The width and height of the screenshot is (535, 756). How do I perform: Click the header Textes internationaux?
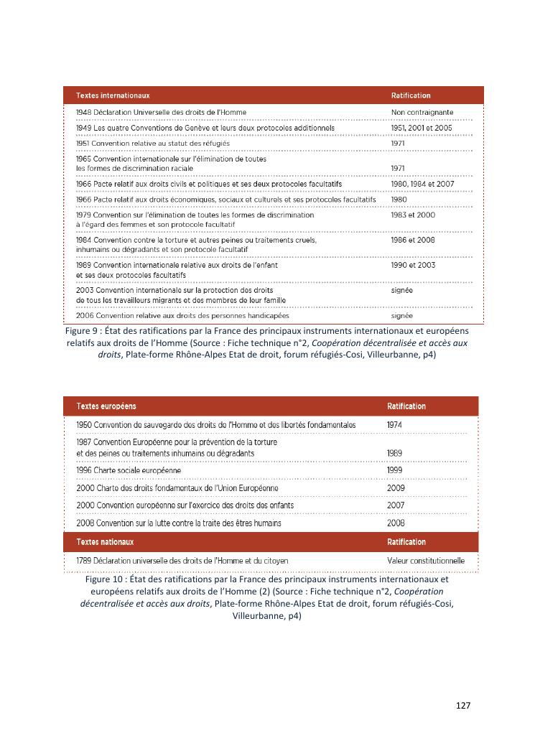[x=113, y=95]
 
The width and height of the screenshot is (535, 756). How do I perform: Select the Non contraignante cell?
[x=422, y=112]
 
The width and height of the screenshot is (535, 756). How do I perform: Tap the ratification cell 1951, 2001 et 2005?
[x=422, y=128]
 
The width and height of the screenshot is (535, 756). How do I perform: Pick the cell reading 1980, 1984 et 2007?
[x=422, y=184]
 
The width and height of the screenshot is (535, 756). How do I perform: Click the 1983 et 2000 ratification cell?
[x=413, y=215]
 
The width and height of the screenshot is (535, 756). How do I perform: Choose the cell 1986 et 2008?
[x=413, y=240]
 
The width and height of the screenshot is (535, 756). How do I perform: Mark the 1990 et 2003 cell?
[x=413, y=265]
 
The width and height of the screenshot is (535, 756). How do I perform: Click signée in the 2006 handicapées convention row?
[x=401, y=315]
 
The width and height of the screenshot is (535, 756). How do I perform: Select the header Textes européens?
[x=106, y=406]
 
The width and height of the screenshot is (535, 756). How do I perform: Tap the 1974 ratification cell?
[x=395, y=424]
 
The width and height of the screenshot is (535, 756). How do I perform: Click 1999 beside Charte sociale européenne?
[x=395, y=470]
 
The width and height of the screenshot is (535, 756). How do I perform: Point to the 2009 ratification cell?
[x=395, y=488]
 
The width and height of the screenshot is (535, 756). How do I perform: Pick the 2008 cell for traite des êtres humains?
[x=395, y=523]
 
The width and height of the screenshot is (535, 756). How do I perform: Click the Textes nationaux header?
[x=105, y=542]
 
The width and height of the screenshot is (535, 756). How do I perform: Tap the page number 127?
[x=463, y=706]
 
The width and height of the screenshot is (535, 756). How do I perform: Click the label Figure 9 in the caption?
[x=82, y=332]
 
